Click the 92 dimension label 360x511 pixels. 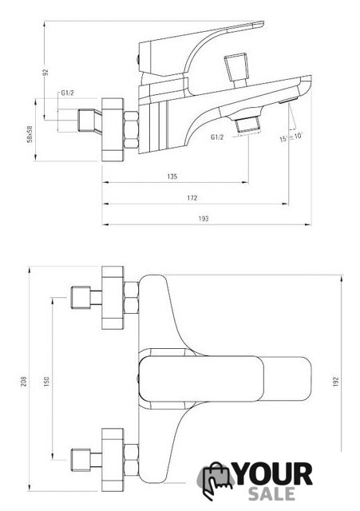tap(46, 72)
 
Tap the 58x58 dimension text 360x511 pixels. tap(30, 134)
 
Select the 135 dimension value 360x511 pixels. tap(172, 176)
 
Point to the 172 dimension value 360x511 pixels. tap(192, 198)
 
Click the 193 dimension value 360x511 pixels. tap(204, 219)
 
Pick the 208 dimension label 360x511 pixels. tap(24, 382)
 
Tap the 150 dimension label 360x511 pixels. tap(46, 382)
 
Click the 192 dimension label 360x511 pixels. tap(336, 382)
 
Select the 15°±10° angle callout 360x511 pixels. tap(291, 137)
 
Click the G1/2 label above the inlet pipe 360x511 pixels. tap(67, 93)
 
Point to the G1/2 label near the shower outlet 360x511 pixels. tap(217, 137)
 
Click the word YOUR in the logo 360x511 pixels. tap(274, 475)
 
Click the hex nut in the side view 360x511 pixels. tap(131, 129)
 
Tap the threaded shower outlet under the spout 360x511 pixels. tap(249, 125)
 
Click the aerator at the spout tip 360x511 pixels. tap(288, 101)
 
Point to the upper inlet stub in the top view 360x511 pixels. tap(86, 297)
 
